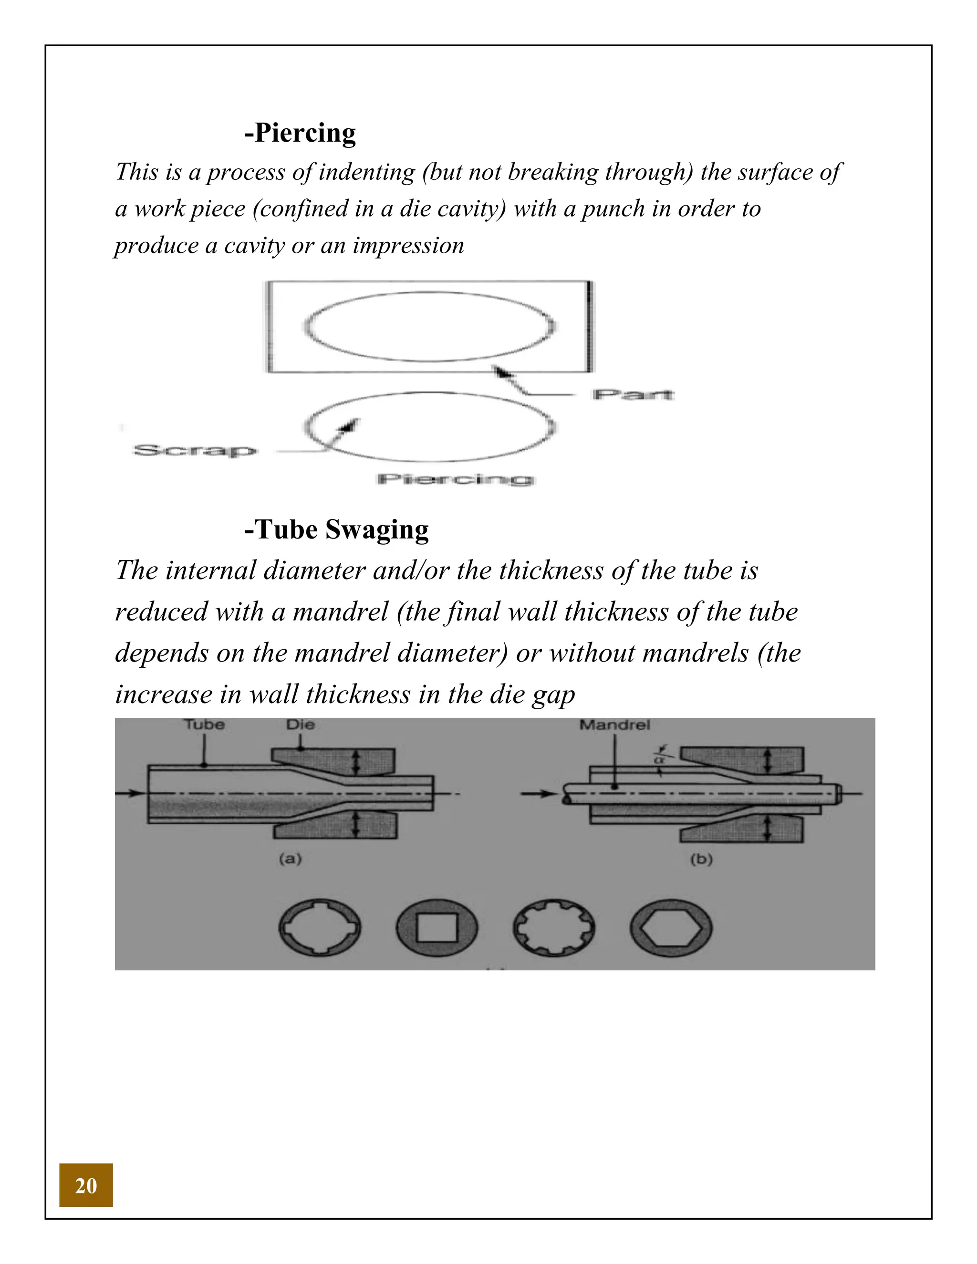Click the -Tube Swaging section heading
click(336, 529)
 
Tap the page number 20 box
click(86, 1185)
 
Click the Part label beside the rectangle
click(633, 395)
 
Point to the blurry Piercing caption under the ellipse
click(455, 479)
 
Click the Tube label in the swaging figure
click(204, 725)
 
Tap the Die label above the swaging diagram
click(301, 725)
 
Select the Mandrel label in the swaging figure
click(614, 725)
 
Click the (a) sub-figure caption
click(291, 859)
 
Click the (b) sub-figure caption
click(701, 860)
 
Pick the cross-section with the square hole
click(437, 928)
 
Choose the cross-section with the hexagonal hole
click(671, 928)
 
